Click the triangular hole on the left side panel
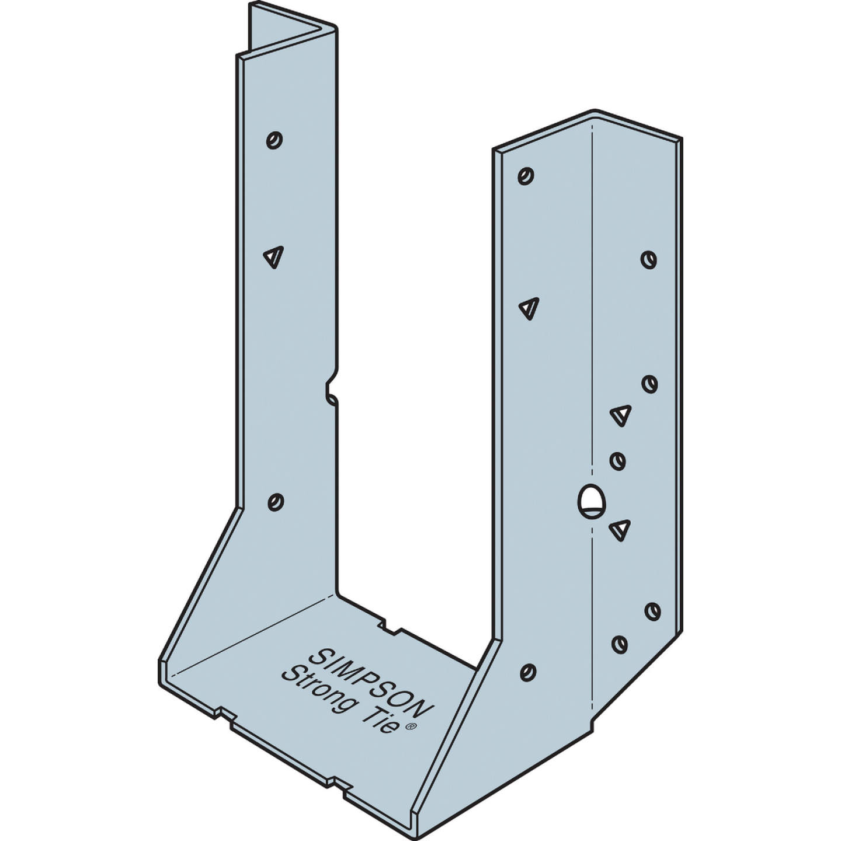(273, 256)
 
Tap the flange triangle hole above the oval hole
(621, 415)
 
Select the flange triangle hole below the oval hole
(620, 529)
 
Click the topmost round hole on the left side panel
(274, 140)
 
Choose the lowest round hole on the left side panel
(275, 502)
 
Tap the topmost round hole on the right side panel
(526, 176)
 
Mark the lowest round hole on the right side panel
(528, 672)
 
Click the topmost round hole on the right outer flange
(648, 259)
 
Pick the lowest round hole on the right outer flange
(619, 644)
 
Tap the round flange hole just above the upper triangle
(649, 384)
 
